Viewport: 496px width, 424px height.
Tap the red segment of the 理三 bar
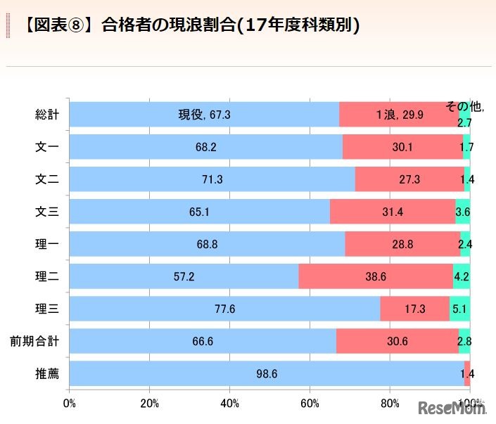click(x=414, y=308)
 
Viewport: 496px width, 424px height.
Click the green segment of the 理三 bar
click(x=459, y=308)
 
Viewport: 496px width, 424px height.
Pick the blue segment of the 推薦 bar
click(x=267, y=373)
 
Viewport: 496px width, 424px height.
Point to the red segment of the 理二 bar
click(x=375, y=276)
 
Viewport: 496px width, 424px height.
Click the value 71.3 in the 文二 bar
click(x=212, y=179)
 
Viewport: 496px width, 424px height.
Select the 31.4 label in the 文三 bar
click(x=393, y=212)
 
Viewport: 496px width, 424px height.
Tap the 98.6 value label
click(x=267, y=373)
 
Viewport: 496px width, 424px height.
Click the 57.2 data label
click(x=184, y=276)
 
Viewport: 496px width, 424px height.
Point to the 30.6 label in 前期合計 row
click(x=397, y=341)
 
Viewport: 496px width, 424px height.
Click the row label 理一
click(x=47, y=244)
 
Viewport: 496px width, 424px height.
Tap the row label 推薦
click(x=47, y=373)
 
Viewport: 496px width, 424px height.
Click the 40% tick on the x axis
click(x=229, y=404)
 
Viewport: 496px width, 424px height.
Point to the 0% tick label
click(x=69, y=404)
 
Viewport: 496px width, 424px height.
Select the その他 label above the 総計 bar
click(x=465, y=107)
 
